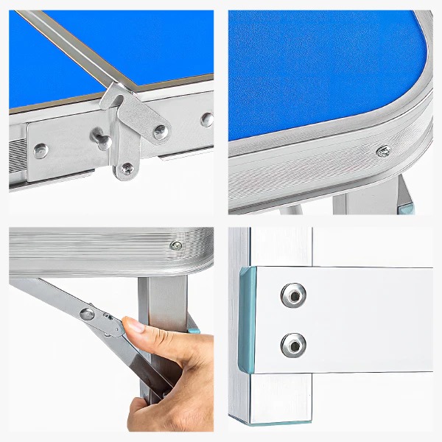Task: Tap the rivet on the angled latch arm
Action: pos(160,131)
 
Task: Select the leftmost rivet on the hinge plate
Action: pos(40,150)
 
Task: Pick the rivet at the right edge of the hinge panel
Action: pos(207,119)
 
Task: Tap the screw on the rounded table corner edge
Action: pos(383,152)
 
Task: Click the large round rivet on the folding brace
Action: pos(88,315)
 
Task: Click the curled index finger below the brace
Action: pos(144,409)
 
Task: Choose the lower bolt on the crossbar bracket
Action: pos(292,343)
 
